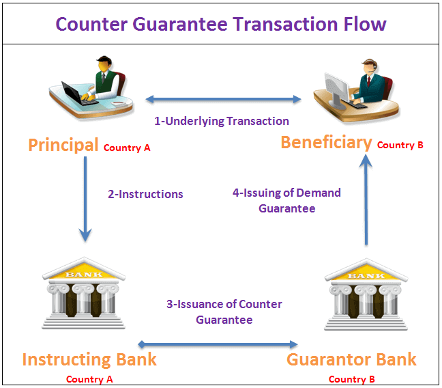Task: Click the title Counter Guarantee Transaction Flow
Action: pyautogui.click(x=221, y=24)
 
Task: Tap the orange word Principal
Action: pyautogui.click(x=63, y=145)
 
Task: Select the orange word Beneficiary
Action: pyautogui.click(x=327, y=143)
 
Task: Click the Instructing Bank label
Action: pyautogui.click(x=89, y=359)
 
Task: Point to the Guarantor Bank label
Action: pyautogui.click(x=351, y=359)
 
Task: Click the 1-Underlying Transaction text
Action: pyautogui.click(x=222, y=122)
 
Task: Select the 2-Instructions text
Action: pyautogui.click(x=145, y=194)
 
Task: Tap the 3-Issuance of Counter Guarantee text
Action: pyautogui.click(x=224, y=312)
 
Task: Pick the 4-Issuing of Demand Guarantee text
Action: pyautogui.click(x=286, y=201)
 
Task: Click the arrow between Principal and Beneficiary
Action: pyautogui.click(x=223, y=99)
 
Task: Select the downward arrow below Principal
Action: pyautogui.click(x=85, y=199)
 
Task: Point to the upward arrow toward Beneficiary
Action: pyautogui.click(x=366, y=199)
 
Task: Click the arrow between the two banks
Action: pyautogui.click(x=218, y=344)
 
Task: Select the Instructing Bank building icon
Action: pyautogui.click(x=84, y=293)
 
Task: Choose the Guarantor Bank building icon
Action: pyautogui.click(x=366, y=294)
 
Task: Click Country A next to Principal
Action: pyautogui.click(x=127, y=148)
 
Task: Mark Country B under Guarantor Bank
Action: pyautogui.click(x=352, y=379)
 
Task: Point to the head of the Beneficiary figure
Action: pyautogui.click(x=369, y=67)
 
